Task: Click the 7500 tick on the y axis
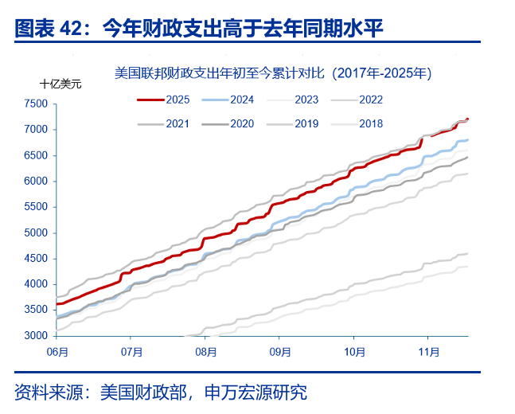click(36, 103)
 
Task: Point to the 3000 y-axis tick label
click(36, 336)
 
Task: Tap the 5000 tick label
click(36, 232)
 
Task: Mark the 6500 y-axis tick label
click(36, 155)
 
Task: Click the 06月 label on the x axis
click(57, 350)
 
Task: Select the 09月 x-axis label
click(280, 350)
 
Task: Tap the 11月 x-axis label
click(429, 350)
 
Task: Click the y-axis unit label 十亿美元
click(60, 84)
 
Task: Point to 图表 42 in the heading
click(48, 29)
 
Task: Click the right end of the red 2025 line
click(467, 119)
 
